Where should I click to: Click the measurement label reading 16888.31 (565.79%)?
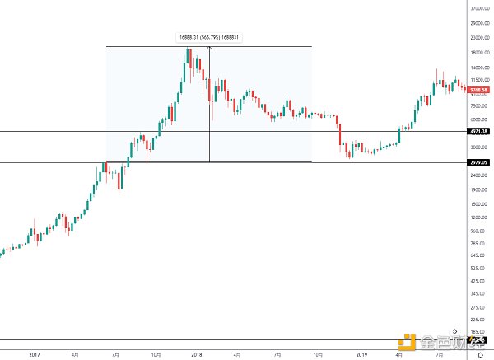point(209,36)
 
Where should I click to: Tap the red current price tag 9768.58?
point(479,89)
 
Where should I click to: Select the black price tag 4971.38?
point(479,131)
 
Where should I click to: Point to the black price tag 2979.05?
point(479,162)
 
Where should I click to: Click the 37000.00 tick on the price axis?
point(479,7)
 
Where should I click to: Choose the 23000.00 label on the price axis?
point(479,38)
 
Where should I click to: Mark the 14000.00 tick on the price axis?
point(479,68)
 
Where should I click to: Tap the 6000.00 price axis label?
point(479,119)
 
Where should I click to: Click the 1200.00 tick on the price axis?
point(479,217)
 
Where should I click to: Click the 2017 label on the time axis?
point(34,353)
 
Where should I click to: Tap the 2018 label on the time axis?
point(196,353)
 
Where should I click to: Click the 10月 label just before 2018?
point(156,353)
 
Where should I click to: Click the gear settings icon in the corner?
point(479,354)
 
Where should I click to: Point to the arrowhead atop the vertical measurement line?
point(209,47)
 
